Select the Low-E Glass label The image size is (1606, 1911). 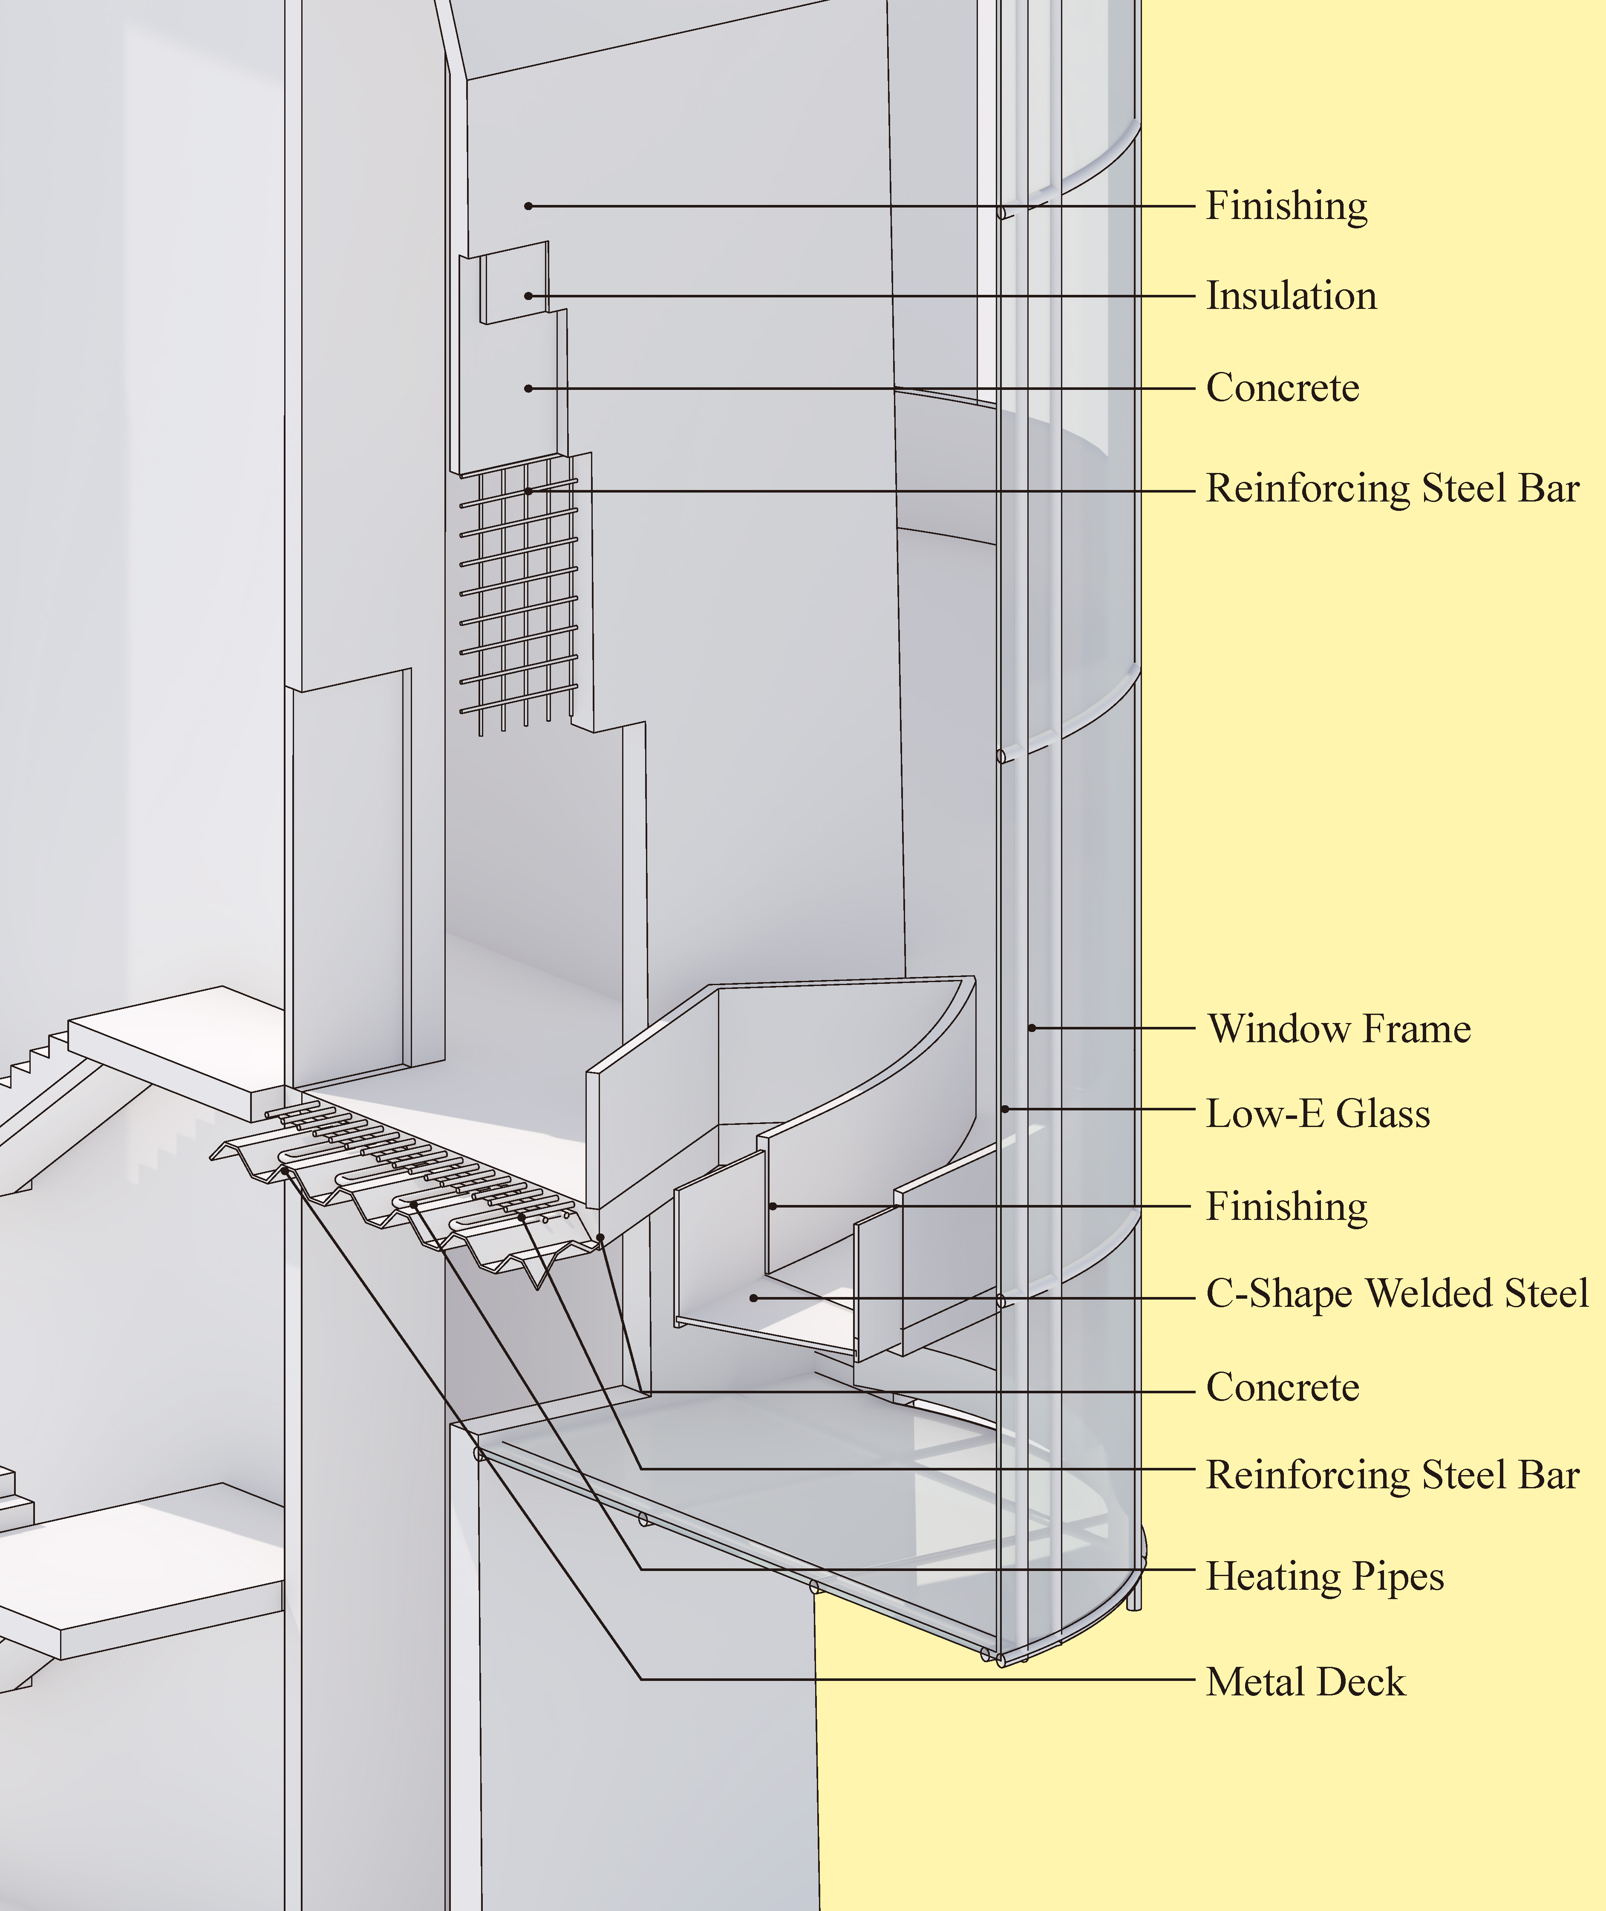pos(1318,1113)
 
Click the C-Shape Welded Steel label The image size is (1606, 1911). pos(1397,1294)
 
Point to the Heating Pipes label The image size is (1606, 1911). pos(1325,1576)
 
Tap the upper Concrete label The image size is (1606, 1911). pos(1282,388)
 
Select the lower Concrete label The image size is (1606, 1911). pos(1282,1387)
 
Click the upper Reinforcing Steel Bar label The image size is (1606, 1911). pos(1392,489)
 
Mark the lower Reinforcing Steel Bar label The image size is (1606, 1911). pos(1392,1475)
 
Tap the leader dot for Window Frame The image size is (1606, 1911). pos(1032,1028)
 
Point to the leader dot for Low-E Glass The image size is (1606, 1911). pos(1005,1109)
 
